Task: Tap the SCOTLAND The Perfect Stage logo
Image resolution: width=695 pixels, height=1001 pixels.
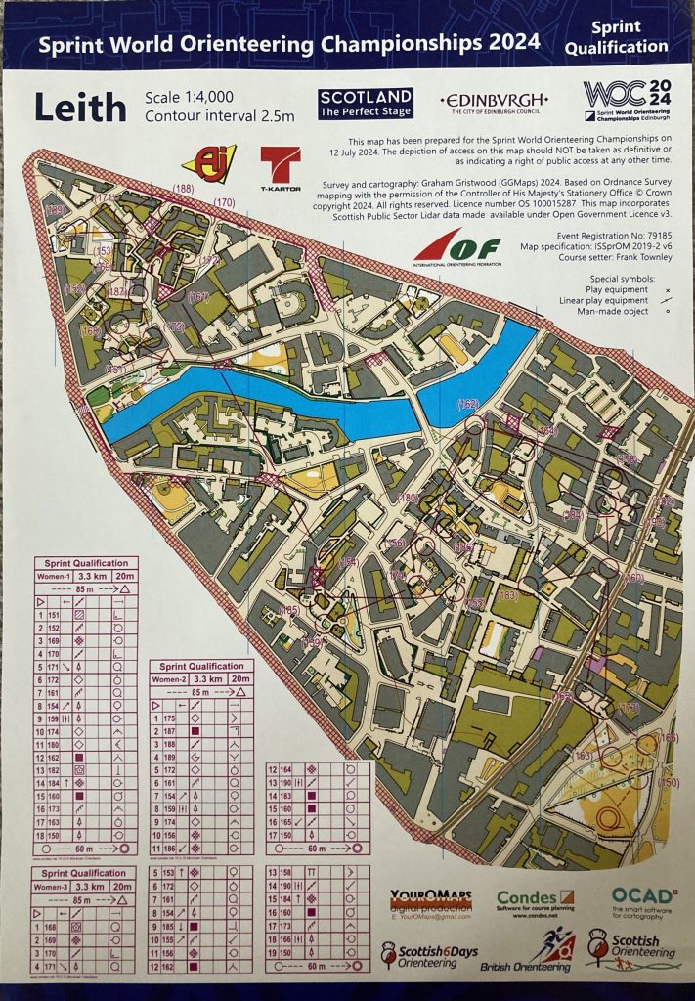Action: tap(366, 103)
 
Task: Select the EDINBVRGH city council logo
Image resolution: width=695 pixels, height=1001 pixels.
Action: tap(495, 103)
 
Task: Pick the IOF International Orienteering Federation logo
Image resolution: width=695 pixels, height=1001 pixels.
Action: tap(457, 250)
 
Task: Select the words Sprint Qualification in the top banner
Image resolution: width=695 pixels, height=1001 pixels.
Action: tap(630, 38)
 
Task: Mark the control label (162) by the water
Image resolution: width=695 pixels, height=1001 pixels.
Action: tap(467, 404)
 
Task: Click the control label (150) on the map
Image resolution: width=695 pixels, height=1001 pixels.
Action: tap(670, 782)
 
